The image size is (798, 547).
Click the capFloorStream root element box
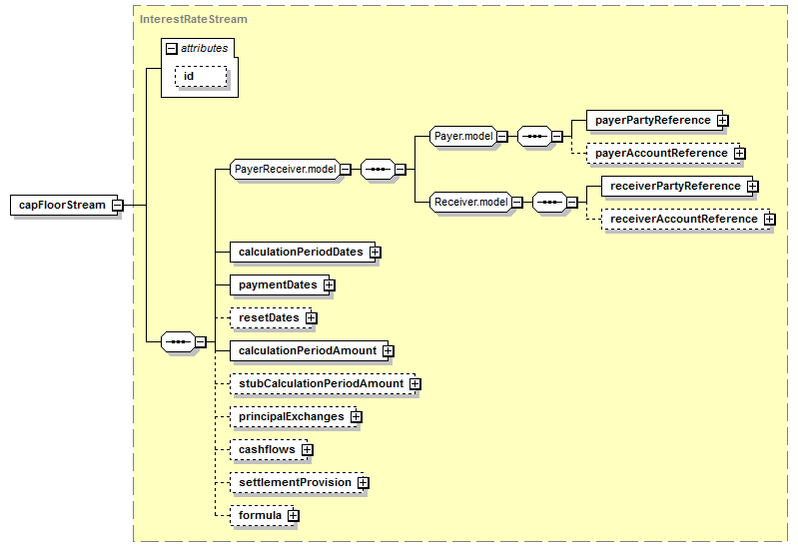64,205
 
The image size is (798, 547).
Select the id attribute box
201,76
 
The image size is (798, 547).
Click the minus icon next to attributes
172,48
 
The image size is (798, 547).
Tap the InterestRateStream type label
194,19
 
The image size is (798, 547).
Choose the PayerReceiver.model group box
285,169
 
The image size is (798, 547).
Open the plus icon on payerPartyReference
723,121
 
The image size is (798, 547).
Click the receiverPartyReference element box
677,187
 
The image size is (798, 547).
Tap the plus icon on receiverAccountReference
770,220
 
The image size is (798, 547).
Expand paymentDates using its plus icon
330,284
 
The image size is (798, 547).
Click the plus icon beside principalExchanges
357,416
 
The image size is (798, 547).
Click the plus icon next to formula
294,515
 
